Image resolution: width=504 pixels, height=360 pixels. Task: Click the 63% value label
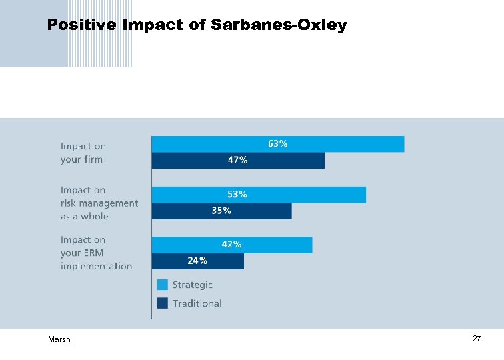[x=278, y=144]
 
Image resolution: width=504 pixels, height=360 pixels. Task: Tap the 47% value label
[x=238, y=160]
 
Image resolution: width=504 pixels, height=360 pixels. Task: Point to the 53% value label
[x=237, y=195]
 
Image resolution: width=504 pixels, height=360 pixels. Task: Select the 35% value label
[x=221, y=211]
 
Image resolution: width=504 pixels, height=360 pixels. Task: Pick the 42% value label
[x=231, y=245]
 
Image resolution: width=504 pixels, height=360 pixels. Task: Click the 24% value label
[x=197, y=261]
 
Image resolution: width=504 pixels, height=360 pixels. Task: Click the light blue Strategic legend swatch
[x=163, y=285]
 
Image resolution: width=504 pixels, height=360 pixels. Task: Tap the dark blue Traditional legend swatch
[x=163, y=303]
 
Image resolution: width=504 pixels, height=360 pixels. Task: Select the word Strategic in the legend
[x=193, y=285]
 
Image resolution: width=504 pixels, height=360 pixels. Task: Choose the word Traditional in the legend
[x=197, y=303]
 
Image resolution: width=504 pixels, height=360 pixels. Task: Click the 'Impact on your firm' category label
[x=83, y=153]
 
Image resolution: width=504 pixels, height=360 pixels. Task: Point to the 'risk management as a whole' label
[x=99, y=203]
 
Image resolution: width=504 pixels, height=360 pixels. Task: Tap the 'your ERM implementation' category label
[x=96, y=253]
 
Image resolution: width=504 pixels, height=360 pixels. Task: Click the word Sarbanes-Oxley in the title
[x=279, y=25]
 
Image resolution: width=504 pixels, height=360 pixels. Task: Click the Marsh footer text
[x=59, y=340]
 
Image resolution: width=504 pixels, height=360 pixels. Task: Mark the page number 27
[x=477, y=339]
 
